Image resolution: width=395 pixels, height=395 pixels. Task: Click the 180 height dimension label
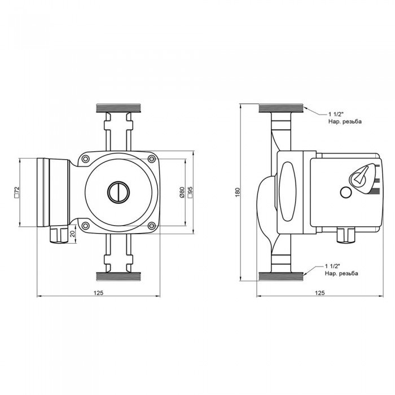238,192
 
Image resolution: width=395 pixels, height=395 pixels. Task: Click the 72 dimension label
17,192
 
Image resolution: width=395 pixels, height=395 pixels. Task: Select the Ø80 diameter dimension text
182,192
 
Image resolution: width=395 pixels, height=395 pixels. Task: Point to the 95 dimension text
190,192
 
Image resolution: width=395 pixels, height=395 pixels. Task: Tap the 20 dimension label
73,234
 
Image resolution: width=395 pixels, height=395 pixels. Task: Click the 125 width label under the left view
99,293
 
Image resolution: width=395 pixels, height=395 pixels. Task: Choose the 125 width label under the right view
320,293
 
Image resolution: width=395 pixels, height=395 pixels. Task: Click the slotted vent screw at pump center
118,192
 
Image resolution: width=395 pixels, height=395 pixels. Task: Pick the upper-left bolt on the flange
86,159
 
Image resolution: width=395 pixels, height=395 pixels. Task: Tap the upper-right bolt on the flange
152,159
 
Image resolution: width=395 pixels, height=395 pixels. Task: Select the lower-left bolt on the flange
86,225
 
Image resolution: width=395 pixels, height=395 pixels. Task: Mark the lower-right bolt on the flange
152,225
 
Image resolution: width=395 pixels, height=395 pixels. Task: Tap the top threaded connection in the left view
118,108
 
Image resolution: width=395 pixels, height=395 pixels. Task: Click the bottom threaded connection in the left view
118,276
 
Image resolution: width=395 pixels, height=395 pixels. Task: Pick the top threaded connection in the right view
281,108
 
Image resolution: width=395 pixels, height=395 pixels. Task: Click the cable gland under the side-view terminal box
346,235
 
